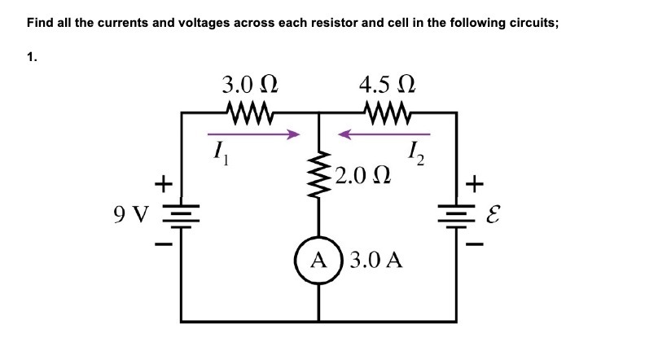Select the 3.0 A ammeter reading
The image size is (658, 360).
pyautogui.click(x=375, y=261)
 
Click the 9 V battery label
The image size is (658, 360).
pyautogui.click(x=132, y=216)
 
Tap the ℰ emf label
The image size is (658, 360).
pyautogui.click(x=492, y=217)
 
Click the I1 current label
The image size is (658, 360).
pyautogui.click(x=217, y=152)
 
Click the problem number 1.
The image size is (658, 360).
pyautogui.click(x=31, y=57)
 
